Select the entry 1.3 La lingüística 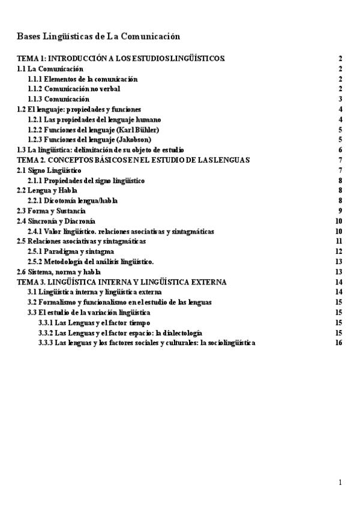(100, 150)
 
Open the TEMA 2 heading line (134, 160)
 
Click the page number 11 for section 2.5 (339, 241)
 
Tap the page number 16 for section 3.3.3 (339, 343)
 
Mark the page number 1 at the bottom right (340, 483)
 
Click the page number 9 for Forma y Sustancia (340, 211)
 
